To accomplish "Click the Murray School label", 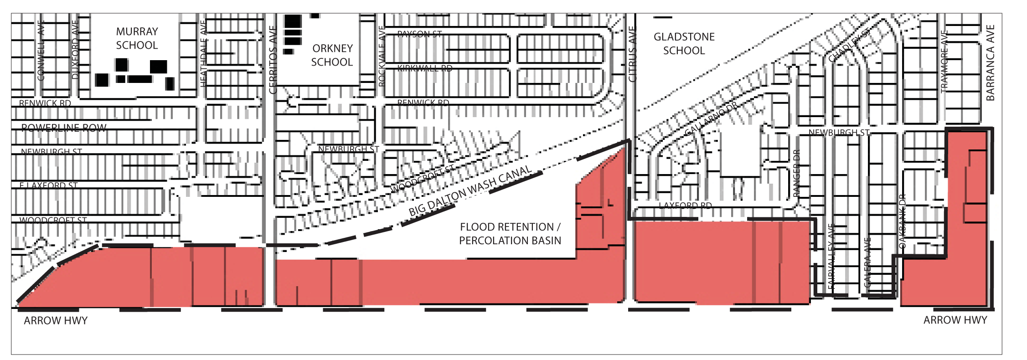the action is (x=137, y=38).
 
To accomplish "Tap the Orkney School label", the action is (x=332, y=55).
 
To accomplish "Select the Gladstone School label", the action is (x=684, y=44).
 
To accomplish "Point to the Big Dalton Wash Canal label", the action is (x=470, y=190).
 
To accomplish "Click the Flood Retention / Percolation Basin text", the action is (x=510, y=234).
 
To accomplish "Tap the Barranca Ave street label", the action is (x=990, y=63).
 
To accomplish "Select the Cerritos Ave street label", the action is (x=273, y=60).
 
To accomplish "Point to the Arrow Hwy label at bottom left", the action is (x=56, y=321).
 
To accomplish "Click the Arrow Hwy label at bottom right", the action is (x=955, y=320).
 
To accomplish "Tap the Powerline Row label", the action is (x=64, y=128).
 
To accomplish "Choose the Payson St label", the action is (x=419, y=34).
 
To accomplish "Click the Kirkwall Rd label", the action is (x=425, y=69).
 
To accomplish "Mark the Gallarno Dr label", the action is (x=711, y=119).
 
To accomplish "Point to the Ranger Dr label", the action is (x=796, y=174).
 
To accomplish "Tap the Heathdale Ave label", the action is (x=203, y=54).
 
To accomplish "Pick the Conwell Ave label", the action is (x=41, y=50).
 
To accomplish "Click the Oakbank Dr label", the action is (x=902, y=221).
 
